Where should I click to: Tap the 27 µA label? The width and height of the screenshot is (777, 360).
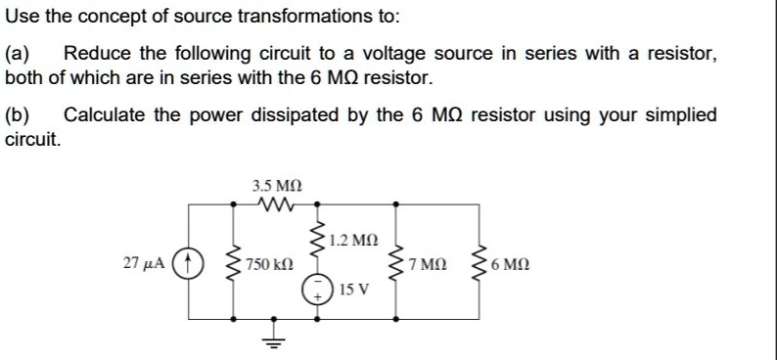point(144,263)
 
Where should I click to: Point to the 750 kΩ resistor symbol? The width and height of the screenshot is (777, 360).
point(233,263)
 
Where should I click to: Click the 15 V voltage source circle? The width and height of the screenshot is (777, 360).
point(316,289)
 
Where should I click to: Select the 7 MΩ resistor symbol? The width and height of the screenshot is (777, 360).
point(396,263)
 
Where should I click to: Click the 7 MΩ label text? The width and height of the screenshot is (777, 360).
point(429,264)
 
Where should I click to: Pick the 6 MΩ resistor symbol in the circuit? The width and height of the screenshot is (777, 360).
point(479,263)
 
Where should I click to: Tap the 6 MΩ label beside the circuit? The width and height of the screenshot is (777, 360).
point(511,264)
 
